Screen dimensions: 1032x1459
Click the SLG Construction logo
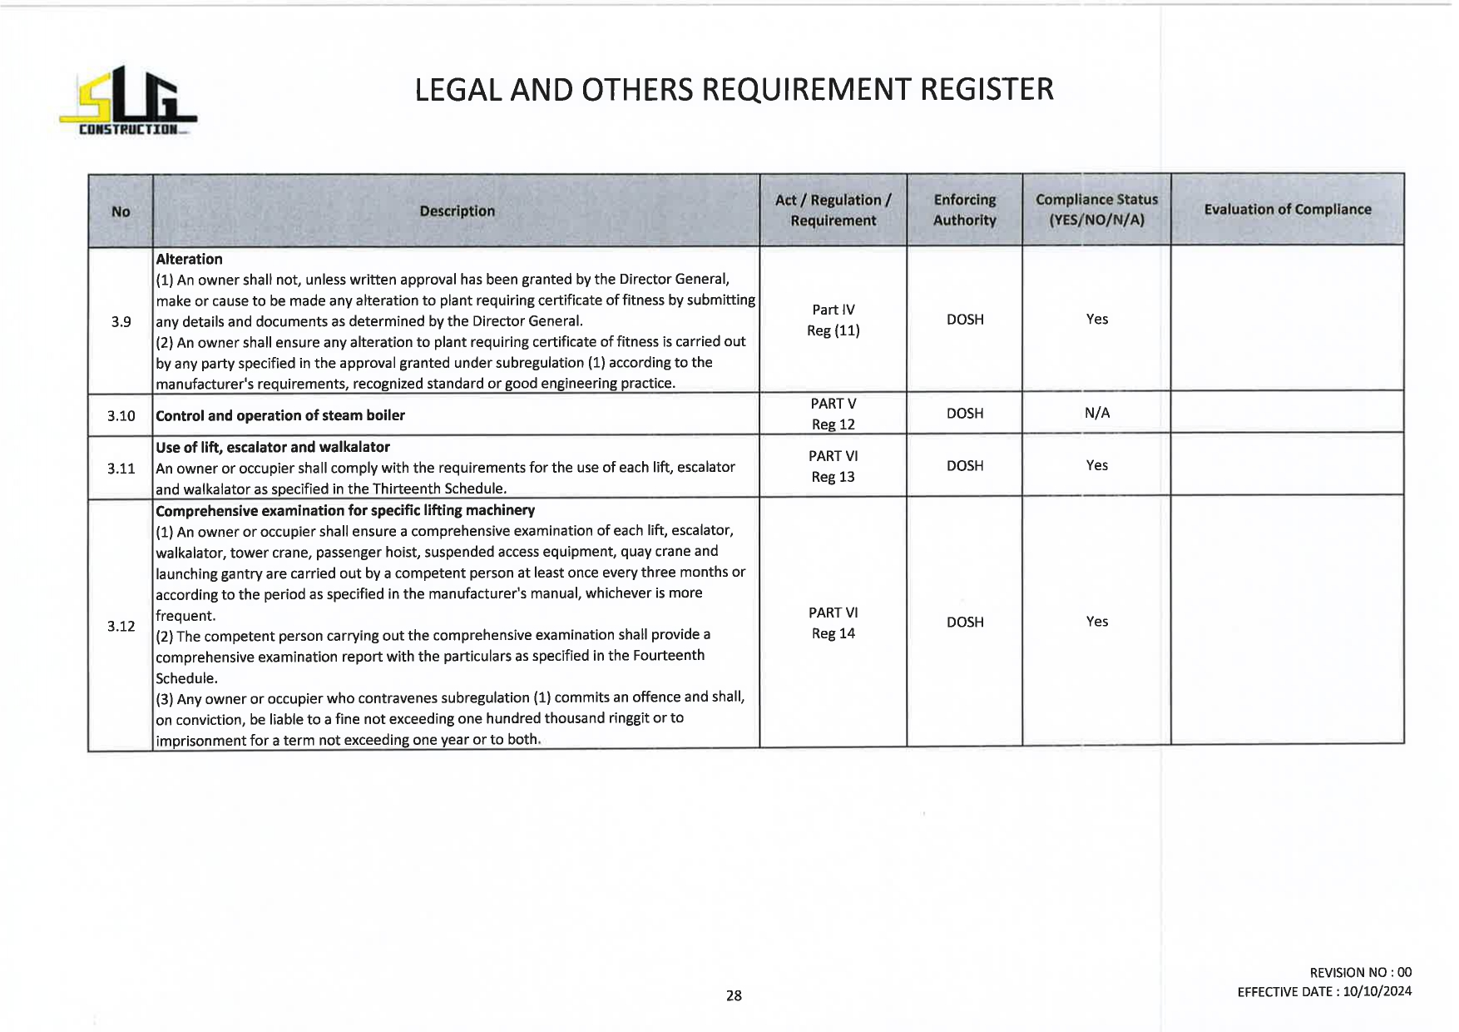click(x=128, y=102)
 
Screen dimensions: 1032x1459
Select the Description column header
click(x=457, y=211)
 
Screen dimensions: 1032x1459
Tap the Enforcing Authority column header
click(x=964, y=210)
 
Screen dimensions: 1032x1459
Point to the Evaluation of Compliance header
click(x=1287, y=210)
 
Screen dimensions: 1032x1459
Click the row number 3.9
click(x=121, y=321)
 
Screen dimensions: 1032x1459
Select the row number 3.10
click(x=121, y=415)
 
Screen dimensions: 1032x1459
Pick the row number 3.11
click(x=121, y=469)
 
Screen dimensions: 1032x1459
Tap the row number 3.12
click(x=121, y=626)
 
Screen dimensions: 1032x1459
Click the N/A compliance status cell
click(x=1096, y=413)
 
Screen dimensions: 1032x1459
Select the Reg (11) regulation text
click(x=833, y=330)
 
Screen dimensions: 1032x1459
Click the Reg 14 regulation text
click(x=833, y=633)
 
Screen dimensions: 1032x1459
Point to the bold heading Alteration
click(x=189, y=259)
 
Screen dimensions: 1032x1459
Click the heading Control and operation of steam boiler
click(x=280, y=415)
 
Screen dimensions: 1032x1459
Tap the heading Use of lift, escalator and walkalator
click(x=273, y=447)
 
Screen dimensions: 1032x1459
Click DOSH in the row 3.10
click(x=965, y=413)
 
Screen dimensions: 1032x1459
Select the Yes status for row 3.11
click(x=1096, y=465)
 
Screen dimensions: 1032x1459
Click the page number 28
click(x=734, y=995)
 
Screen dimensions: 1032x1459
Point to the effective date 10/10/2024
click(x=1377, y=991)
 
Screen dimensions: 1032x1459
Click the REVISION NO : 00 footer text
click(x=1360, y=972)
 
